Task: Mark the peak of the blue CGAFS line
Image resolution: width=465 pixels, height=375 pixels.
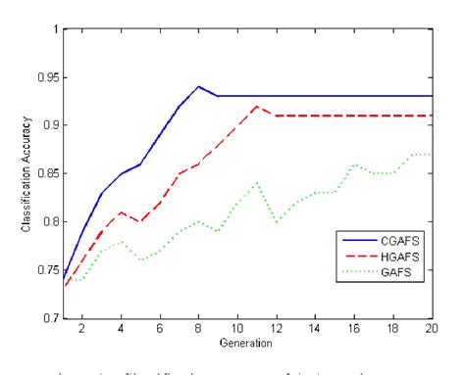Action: tap(198, 86)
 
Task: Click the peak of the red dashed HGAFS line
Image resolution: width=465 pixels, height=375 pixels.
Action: tap(256, 106)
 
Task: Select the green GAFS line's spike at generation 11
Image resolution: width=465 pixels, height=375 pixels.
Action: tap(256, 182)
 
